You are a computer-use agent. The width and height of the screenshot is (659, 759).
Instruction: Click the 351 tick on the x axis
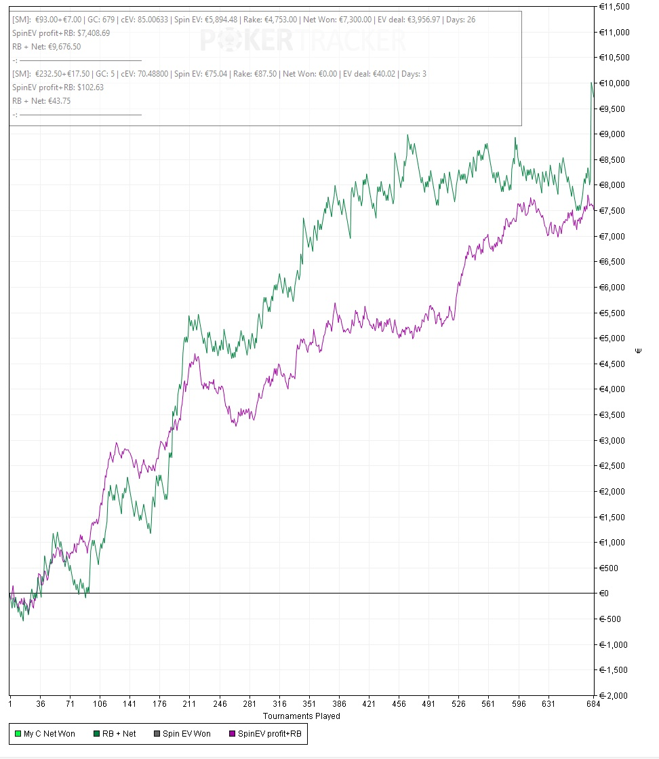(309, 704)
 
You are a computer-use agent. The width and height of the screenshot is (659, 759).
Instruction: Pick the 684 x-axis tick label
(594, 704)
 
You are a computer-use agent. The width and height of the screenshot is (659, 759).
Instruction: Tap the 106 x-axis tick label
(100, 704)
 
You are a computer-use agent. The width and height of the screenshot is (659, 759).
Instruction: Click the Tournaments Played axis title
(301, 716)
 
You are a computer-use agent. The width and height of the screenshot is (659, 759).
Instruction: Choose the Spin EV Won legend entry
(186, 733)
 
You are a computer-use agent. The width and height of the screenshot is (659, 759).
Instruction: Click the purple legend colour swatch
(233, 733)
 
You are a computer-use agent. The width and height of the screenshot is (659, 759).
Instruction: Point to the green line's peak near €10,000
(592, 83)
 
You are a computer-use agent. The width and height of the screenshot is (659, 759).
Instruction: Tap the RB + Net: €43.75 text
(41, 101)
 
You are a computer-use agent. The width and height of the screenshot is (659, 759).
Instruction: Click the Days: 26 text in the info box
(461, 20)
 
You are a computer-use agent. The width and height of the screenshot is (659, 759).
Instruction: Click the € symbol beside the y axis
(638, 351)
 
